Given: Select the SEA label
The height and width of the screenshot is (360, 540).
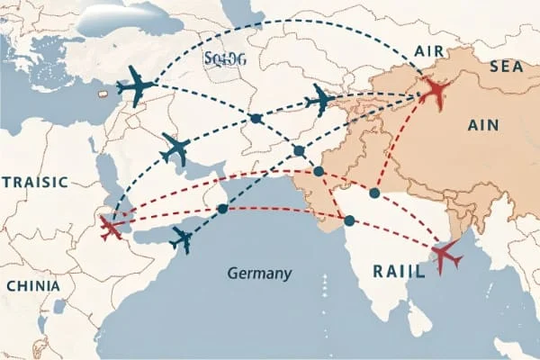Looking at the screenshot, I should coord(506,67).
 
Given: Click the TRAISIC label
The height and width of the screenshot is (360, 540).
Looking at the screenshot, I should coord(34,182).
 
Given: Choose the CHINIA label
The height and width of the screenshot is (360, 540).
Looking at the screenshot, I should coord(33,285).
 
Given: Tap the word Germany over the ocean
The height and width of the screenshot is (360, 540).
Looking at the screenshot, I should coord(259,273).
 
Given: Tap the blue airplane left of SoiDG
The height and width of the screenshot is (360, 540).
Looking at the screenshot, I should coord(137,88).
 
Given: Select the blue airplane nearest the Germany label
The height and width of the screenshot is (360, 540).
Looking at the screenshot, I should coord(184,239).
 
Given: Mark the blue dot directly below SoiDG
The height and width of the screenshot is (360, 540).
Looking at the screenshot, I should coord(256,119).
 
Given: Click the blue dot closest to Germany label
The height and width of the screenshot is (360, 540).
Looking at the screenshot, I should coord(222,209).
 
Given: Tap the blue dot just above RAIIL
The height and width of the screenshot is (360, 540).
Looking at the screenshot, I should coord(348,220).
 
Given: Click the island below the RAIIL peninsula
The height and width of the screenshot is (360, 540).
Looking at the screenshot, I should coord(416,317).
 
